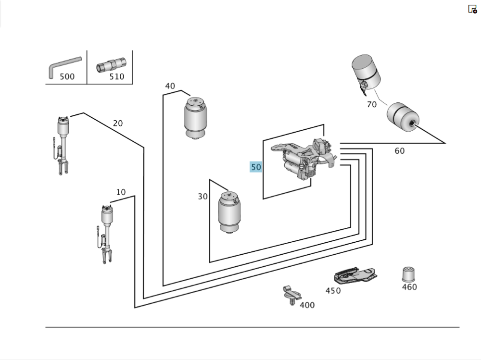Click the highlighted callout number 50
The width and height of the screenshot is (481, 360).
(256, 167)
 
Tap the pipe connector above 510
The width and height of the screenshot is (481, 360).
(111, 64)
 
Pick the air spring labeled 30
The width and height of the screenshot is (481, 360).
(229, 211)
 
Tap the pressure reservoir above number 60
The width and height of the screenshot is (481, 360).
(403, 118)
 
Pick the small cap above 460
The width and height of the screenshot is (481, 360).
(408, 274)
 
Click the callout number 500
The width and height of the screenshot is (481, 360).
(67, 76)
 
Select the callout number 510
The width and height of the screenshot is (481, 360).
(116, 76)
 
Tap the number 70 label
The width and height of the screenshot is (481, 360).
(372, 104)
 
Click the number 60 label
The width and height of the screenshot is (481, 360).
(400, 151)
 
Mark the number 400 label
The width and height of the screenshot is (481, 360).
(307, 305)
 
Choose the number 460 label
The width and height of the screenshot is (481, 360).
(409, 287)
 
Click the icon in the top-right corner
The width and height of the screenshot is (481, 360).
(472, 9)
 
